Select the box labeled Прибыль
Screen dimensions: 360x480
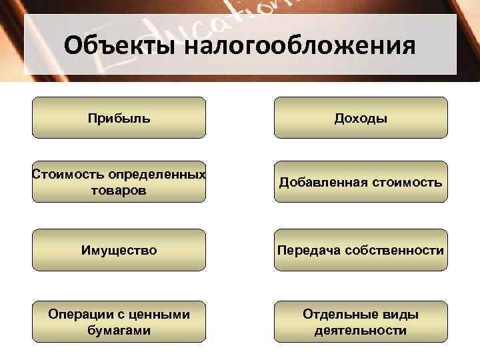click(x=119, y=118)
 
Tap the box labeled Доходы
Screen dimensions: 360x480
click(x=361, y=118)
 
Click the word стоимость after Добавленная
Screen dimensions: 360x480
click(x=409, y=182)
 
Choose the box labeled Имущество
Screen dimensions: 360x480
click(x=119, y=250)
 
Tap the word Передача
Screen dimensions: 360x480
click(x=308, y=250)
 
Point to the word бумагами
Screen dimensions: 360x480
click(x=119, y=330)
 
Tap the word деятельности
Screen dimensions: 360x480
click(x=361, y=330)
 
